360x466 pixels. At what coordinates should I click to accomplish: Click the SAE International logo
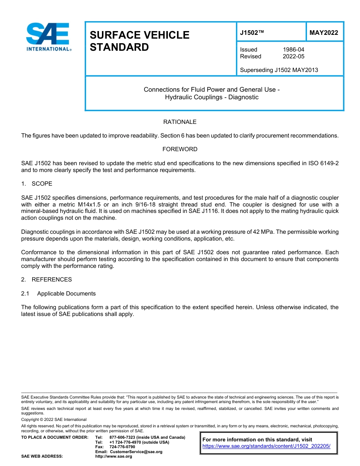click(49, 37)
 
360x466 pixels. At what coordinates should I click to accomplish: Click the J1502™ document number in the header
click(252, 33)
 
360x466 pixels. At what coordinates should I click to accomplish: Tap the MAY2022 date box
click(324, 33)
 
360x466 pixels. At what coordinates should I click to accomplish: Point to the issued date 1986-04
click(293, 50)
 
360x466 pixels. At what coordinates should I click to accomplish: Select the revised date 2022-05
click(293, 56)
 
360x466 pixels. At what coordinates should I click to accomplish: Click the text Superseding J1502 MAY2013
click(279, 70)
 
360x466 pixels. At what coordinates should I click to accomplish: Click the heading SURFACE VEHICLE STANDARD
click(139, 41)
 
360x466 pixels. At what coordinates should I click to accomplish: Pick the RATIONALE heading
click(180, 122)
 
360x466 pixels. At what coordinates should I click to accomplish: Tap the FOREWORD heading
click(180, 149)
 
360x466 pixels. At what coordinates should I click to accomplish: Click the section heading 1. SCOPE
click(37, 184)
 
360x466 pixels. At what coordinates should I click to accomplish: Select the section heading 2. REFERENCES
click(46, 280)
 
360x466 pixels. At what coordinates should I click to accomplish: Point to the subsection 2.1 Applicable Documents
click(59, 294)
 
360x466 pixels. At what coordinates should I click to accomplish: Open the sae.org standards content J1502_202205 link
click(266, 446)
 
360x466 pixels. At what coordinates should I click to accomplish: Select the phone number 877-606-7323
click(123, 438)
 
